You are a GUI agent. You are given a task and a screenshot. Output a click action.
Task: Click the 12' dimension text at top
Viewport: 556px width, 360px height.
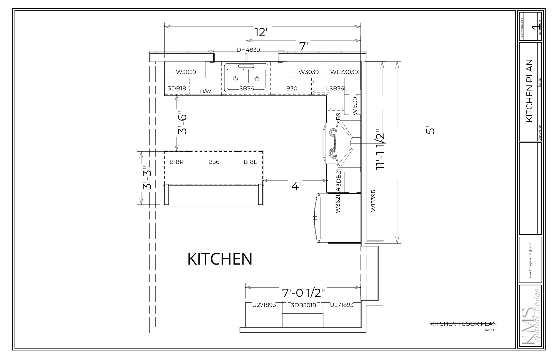tap(261, 33)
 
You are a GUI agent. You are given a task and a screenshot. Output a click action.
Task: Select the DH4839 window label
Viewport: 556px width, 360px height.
tap(248, 50)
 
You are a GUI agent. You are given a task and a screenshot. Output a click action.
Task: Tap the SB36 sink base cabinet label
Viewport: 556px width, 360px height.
tap(247, 88)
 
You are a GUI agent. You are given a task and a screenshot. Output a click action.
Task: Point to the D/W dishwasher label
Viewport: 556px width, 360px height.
tap(205, 91)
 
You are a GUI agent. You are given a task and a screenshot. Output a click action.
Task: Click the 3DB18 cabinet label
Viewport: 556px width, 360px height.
tap(177, 88)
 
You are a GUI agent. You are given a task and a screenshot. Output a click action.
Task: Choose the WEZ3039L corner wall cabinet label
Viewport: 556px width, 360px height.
tap(346, 72)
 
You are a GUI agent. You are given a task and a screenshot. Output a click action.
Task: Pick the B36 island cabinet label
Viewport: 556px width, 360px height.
tap(214, 162)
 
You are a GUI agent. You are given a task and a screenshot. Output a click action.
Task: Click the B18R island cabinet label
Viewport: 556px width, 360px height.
tap(177, 162)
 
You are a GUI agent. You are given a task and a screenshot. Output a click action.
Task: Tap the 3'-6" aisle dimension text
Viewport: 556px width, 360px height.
tap(183, 122)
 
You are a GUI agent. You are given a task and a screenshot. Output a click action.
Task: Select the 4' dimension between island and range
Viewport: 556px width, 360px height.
tap(296, 186)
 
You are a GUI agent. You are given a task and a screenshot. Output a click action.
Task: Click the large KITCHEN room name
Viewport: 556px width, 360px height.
tap(220, 259)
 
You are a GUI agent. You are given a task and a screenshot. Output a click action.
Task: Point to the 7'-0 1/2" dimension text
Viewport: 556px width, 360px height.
tap(303, 293)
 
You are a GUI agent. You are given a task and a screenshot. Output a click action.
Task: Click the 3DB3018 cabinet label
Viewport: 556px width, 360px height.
tap(303, 305)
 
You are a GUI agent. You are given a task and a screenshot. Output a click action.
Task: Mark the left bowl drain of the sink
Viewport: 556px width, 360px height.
tap(235, 79)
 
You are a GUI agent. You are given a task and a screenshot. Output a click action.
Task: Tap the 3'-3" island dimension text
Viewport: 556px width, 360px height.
tap(147, 178)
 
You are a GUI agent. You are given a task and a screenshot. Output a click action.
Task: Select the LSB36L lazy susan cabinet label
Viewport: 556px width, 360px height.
tap(336, 88)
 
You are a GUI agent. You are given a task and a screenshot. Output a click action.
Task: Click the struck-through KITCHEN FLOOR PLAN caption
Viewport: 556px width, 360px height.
tap(463, 324)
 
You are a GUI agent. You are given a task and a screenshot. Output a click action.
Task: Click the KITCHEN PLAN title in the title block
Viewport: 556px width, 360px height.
tap(529, 91)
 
